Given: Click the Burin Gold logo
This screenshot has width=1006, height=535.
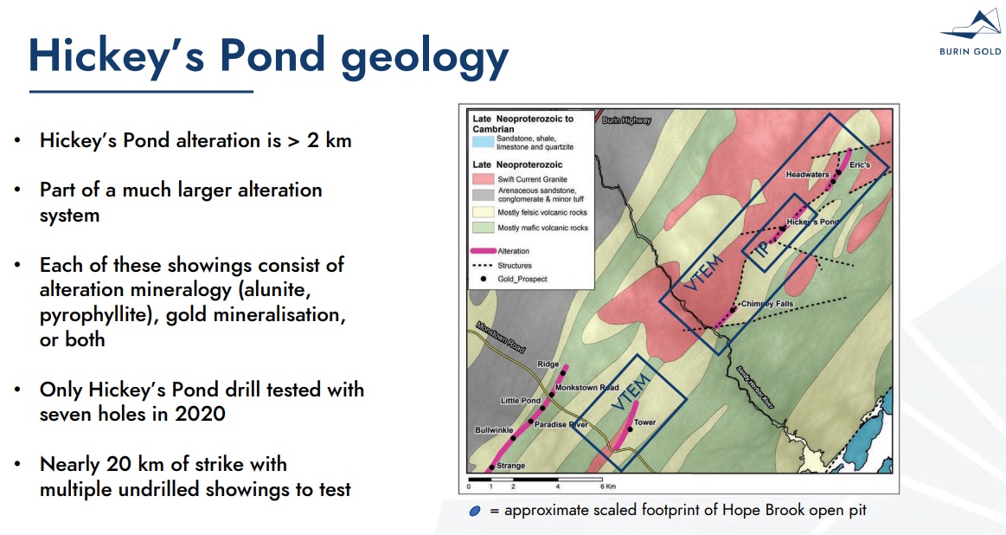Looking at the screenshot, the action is [970, 33].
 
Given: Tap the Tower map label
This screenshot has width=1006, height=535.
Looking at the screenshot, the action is [644, 422].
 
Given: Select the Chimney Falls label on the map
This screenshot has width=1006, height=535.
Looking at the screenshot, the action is [766, 304].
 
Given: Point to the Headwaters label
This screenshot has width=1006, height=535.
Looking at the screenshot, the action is [807, 174].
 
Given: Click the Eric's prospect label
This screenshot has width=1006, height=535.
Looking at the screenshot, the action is [860, 164].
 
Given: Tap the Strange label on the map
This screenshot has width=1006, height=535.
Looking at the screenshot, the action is [510, 466].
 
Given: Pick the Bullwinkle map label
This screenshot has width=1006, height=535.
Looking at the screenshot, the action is [493, 429].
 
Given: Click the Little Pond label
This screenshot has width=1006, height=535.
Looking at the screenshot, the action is [521, 400].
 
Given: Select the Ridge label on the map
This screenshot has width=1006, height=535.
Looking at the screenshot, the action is [548, 364].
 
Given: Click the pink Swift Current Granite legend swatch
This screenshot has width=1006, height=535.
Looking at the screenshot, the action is [484, 179].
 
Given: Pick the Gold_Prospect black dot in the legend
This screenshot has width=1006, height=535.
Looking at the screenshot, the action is [484, 279].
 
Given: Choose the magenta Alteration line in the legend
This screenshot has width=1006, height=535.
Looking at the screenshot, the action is [484, 251].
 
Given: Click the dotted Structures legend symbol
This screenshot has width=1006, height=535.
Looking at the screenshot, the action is [483, 265].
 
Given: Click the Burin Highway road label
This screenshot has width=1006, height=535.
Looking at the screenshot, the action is [627, 120].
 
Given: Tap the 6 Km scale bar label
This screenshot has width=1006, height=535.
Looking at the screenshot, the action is [607, 487].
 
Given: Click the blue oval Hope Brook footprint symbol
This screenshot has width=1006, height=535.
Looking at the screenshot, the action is [475, 512].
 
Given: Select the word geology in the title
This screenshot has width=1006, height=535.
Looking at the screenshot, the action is [424, 59].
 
